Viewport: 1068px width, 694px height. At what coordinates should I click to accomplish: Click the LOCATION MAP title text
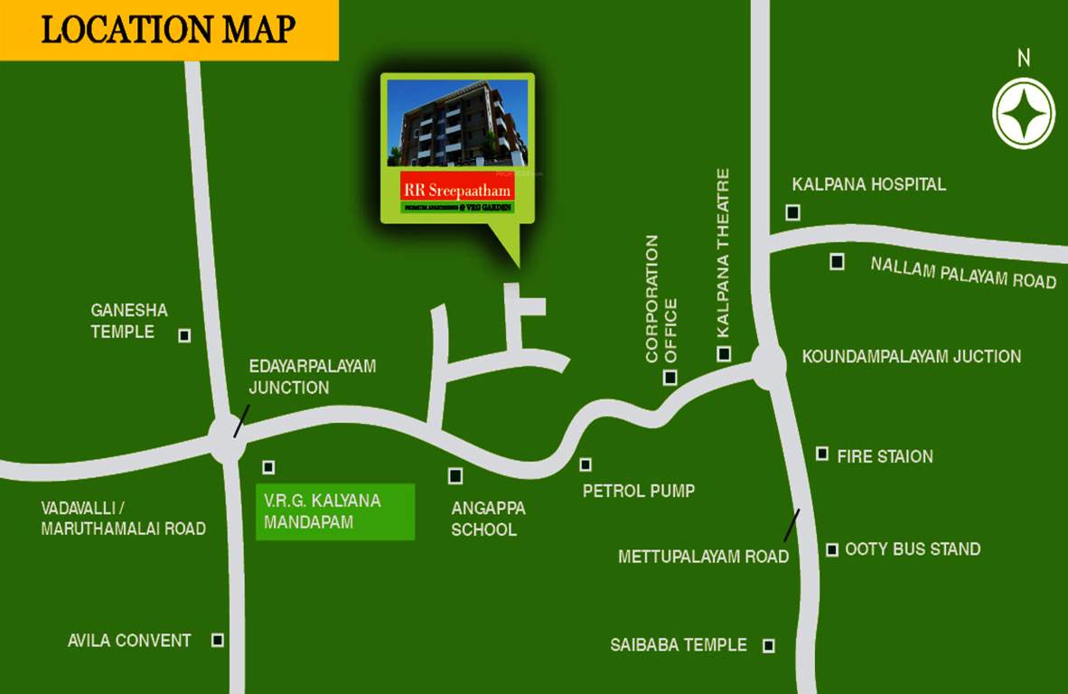(x=168, y=30)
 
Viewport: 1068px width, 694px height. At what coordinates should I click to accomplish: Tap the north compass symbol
(x=1024, y=113)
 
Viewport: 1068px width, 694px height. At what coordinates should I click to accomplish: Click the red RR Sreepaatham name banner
(x=457, y=190)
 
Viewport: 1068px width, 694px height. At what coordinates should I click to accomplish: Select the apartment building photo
(x=457, y=123)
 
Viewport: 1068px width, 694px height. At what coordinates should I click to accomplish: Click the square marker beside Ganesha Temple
(x=184, y=335)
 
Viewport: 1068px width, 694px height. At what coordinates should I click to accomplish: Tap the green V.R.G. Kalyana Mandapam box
(x=335, y=511)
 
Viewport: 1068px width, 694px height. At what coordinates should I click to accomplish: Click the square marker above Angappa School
(x=455, y=475)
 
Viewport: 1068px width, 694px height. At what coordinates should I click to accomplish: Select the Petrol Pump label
(x=639, y=492)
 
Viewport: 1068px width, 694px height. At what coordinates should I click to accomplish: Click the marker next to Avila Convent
(x=218, y=640)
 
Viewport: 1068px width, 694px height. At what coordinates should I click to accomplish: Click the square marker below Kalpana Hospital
(x=792, y=212)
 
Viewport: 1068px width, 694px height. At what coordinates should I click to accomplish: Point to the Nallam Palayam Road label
(x=963, y=272)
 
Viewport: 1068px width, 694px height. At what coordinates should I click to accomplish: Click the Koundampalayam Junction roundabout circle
(x=768, y=365)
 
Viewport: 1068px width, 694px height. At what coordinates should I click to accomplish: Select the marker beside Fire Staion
(x=822, y=454)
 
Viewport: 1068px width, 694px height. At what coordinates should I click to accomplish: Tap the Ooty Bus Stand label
(x=913, y=549)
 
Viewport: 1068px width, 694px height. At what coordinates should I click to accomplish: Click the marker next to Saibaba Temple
(x=769, y=645)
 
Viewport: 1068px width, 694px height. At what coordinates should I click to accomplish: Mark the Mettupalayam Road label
(x=703, y=557)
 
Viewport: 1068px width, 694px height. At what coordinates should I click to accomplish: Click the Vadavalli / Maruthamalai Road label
(x=123, y=519)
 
